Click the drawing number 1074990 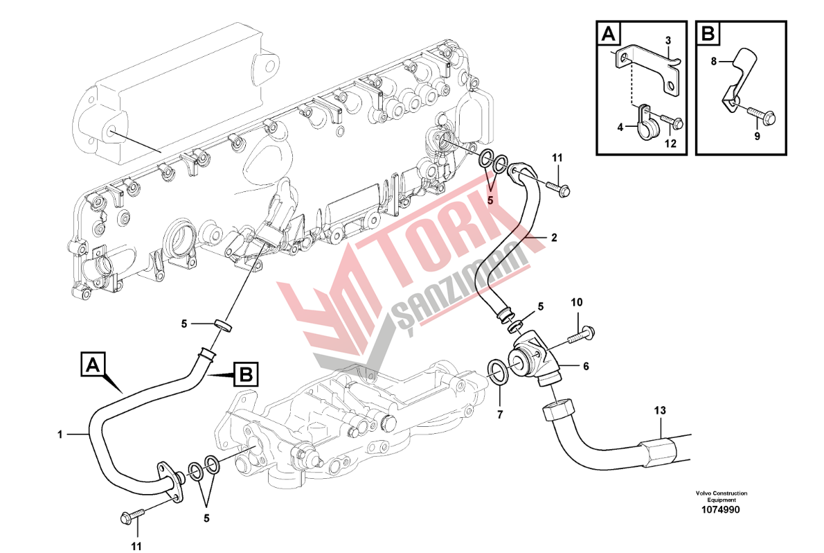721,509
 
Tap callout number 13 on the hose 661,411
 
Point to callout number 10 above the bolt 577,302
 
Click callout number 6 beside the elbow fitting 586,367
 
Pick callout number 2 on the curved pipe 553,237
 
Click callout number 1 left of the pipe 60,434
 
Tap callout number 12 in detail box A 670,143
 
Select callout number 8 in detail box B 714,61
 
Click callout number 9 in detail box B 757,137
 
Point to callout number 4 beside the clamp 620,127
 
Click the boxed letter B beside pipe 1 245,375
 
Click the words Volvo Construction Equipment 722,496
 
